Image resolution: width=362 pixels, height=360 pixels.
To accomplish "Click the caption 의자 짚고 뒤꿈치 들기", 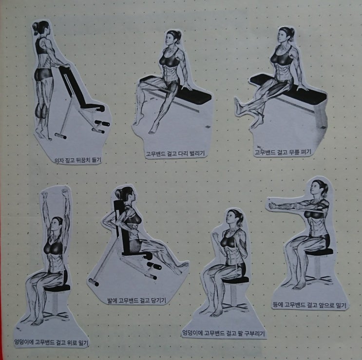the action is pyautogui.click(x=78, y=160).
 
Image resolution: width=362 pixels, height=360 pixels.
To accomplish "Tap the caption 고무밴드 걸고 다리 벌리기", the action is pyautogui.click(x=175, y=153).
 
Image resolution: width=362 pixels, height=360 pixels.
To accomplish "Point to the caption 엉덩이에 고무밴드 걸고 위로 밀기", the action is pyautogui.click(x=51, y=342).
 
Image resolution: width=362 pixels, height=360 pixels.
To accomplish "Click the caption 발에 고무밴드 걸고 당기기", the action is pyautogui.click(x=137, y=301).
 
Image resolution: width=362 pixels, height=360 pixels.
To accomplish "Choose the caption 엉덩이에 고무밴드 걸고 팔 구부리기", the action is pyautogui.click(x=224, y=333).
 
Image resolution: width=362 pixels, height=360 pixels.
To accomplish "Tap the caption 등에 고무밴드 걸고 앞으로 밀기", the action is pyautogui.click(x=309, y=305).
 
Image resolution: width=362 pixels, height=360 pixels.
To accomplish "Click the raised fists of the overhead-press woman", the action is pyautogui.click(x=55, y=193).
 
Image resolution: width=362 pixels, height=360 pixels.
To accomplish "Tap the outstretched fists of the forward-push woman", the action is pyautogui.click(x=273, y=205).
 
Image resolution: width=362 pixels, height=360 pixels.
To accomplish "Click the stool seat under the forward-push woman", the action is pyautogui.click(x=320, y=251).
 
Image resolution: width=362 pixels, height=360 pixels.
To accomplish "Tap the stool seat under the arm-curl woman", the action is pyautogui.click(x=235, y=280).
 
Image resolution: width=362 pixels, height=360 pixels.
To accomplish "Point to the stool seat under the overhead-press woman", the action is pyautogui.click(x=57, y=288).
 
